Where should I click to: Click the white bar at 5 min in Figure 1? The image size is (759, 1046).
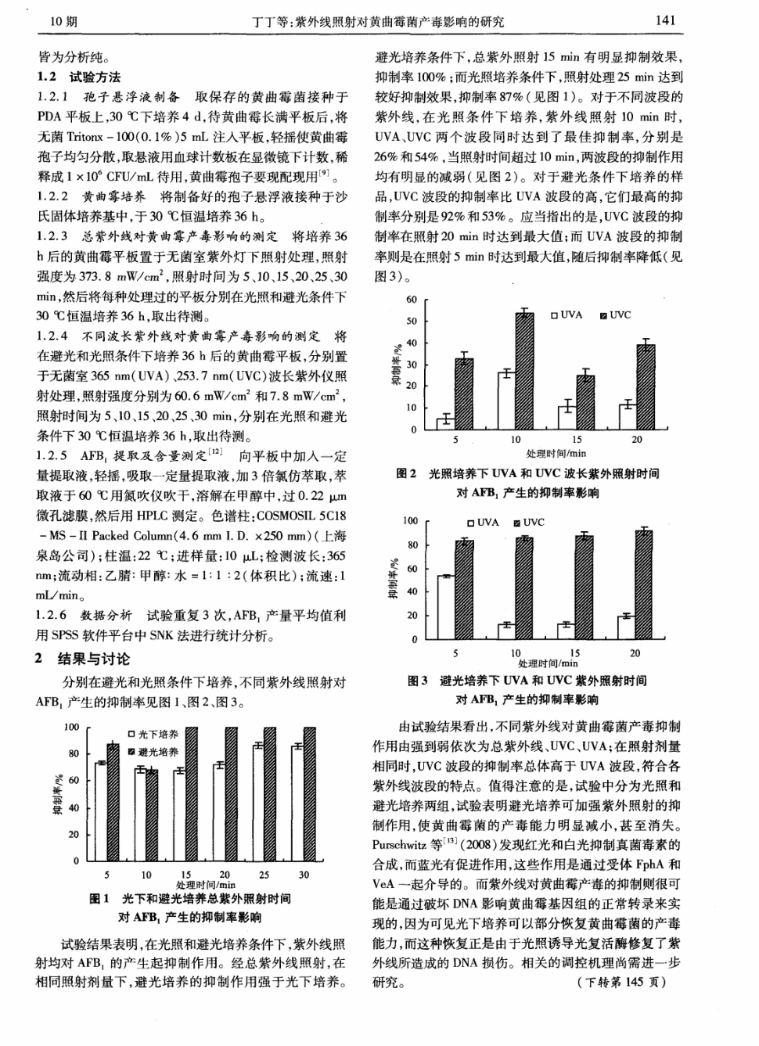pos(100,811)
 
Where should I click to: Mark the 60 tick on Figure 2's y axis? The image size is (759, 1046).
pos(412,300)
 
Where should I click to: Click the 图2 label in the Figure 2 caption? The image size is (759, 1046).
pos(406,473)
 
